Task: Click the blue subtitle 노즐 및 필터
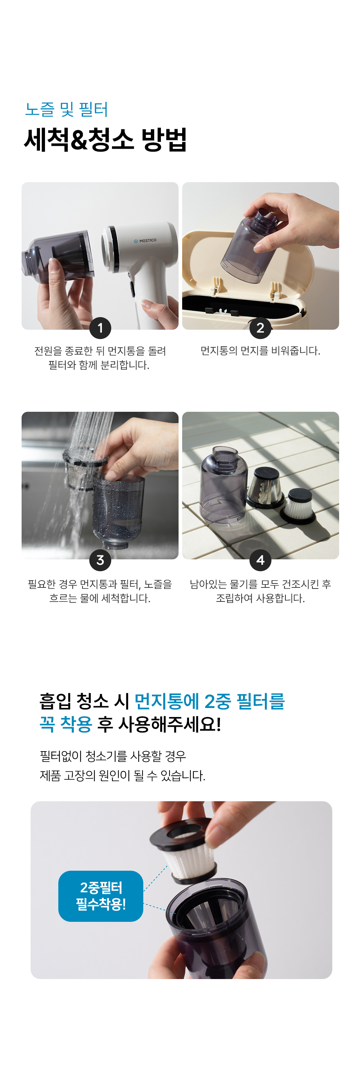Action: tap(67, 109)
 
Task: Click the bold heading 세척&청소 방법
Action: tap(105, 140)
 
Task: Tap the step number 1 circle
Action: tap(100, 328)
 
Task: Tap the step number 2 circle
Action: tap(260, 328)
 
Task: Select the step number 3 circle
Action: tap(100, 560)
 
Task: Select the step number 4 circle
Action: tap(260, 560)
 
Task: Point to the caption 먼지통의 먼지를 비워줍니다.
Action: tap(260, 351)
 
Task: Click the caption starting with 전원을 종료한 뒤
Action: tap(100, 358)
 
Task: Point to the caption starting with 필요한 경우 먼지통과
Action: tap(100, 591)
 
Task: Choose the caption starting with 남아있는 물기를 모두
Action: tap(260, 591)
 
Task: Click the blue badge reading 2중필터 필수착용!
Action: tap(101, 896)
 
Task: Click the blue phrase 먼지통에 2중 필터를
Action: tap(210, 702)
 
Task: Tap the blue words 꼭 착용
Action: tap(66, 724)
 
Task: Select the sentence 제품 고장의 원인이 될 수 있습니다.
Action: tap(122, 776)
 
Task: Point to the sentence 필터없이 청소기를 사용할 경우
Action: tap(113, 756)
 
